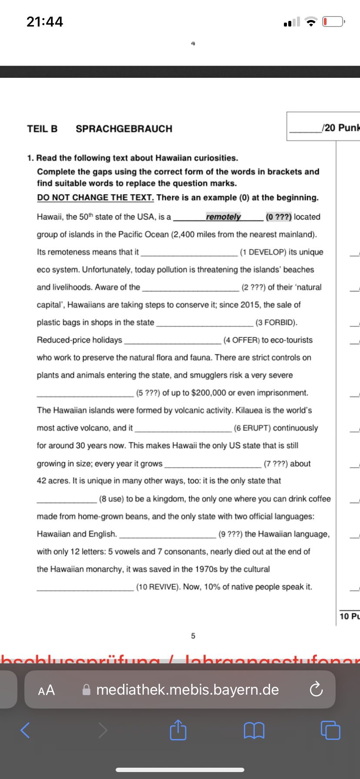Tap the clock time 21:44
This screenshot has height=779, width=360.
(x=45, y=22)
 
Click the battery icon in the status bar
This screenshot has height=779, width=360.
(x=333, y=21)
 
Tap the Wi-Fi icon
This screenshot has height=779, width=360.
(x=311, y=22)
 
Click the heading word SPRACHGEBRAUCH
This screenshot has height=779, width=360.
(x=124, y=129)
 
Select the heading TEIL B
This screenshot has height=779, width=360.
(x=42, y=129)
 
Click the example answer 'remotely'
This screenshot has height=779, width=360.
(x=223, y=216)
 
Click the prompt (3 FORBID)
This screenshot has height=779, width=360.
(x=277, y=323)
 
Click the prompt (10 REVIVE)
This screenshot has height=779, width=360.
(x=158, y=587)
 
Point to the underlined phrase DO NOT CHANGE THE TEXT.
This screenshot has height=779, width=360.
(x=95, y=198)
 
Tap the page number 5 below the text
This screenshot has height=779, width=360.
(x=193, y=636)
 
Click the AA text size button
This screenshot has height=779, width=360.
(x=47, y=690)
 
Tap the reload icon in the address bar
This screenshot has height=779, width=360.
(x=316, y=690)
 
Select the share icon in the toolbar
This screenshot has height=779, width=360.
(x=178, y=730)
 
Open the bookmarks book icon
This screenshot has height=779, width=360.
(x=254, y=730)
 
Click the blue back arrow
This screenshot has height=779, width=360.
(x=25, y=730)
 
